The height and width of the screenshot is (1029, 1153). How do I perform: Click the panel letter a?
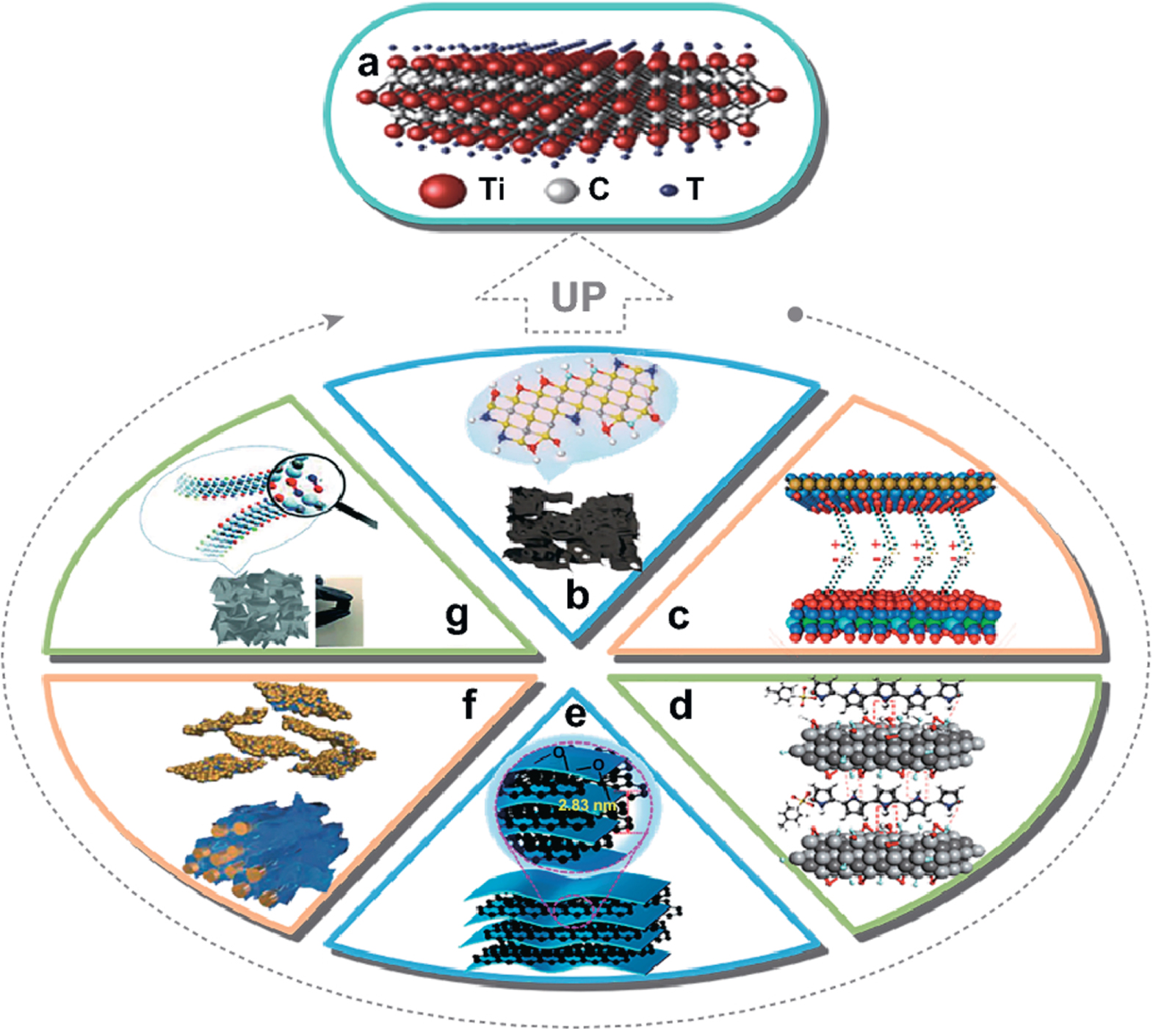[368, 65]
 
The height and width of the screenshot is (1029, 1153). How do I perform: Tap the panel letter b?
[577, 595]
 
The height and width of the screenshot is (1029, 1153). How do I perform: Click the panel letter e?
[575, 712]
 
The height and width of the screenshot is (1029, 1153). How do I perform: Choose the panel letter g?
[456, 617]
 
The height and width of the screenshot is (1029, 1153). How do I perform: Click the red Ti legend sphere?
[442, 190]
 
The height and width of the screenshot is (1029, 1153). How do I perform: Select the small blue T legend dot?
[668, 190]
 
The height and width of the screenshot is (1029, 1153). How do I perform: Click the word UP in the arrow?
[579, 297]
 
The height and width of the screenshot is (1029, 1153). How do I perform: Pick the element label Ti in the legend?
[492, 189]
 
